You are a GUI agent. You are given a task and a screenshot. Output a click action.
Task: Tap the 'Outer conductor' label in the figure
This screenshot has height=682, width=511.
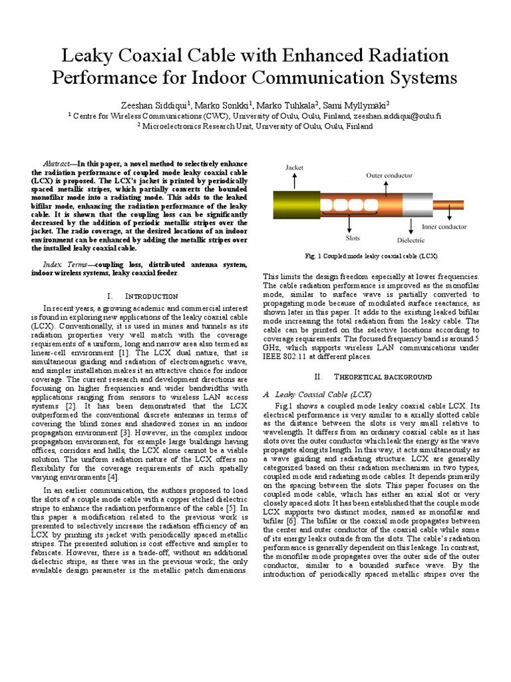pos(389,176)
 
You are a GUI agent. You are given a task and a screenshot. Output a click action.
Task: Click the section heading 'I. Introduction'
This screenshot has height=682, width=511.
pos(142,295)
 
